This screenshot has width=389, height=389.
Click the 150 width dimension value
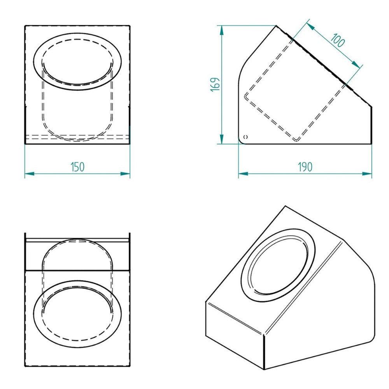pyautogui.click(x=78, y=167)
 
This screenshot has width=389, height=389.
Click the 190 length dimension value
pyautogui.click(x=305, y=167)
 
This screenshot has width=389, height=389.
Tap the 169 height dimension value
pyautogui.click(x=215, y=84)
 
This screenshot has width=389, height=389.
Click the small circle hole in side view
pyautogui.click(x=246, y=137)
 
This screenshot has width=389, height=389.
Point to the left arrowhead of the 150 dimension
pyautogui.click(x=29, y=173)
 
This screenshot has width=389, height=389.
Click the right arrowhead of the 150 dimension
pyautogui.click(x=125, y=173)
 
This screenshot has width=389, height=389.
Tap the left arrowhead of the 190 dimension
pyautogui.click(x=243, y=173)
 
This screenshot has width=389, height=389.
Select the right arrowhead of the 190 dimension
pyautogui.click(x=367, y=173)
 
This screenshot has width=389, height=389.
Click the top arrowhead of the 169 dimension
pyautogui.click(x=222, y=30)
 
